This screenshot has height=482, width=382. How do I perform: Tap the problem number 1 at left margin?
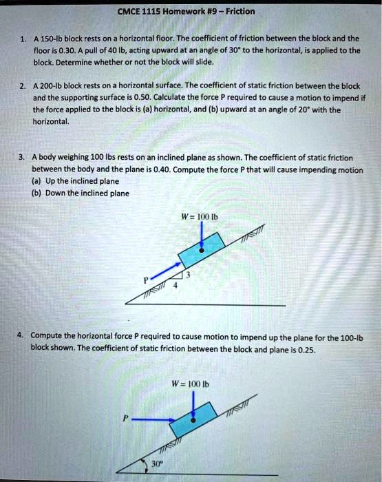pos(23,39)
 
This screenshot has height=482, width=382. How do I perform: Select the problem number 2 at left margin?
pos(23,86)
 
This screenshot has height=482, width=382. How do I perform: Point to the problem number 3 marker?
pos(23,157)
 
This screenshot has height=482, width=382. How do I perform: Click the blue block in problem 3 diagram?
pos(201,250)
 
